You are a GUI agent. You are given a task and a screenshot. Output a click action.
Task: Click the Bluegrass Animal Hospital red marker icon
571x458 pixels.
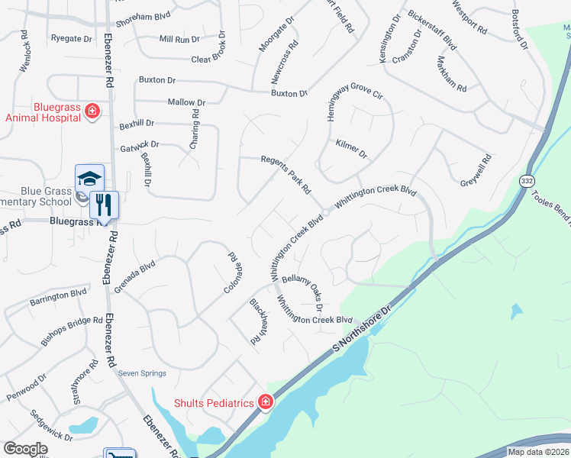pyautogui.click(x=92, y=111)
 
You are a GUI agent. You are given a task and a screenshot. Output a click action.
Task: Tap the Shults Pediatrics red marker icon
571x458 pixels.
pyautogui.click(x=266, y=402)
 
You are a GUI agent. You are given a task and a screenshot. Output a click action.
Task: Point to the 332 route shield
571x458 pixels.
pyautogui.click(x=527, y=181)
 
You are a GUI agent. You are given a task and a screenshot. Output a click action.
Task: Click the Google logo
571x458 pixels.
pyautogui.click(x=25, y=449)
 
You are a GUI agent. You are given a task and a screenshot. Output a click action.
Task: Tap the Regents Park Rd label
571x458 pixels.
pyautogui.click(x=286, y=175)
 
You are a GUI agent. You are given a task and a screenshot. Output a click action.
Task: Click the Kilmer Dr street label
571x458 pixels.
pyautogui.click(x=351, y=148)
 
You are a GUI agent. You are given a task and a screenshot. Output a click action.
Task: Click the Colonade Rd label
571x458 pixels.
pyautogui.click(x=234, y=271)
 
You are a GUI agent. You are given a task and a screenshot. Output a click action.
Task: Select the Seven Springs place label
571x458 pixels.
pyautogui.click(x=142, y=373)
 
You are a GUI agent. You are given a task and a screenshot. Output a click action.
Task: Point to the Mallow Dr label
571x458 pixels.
pyautogui.click(x=186, y=102)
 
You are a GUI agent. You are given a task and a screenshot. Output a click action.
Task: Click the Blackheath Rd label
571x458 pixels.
pyautogui.click(x=255, y=321)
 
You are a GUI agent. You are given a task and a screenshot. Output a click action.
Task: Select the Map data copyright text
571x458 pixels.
pyautogui.click(x=538, y=452)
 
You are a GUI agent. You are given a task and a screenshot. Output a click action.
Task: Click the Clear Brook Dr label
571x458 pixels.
pyautogui.click(x=200, y=59)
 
